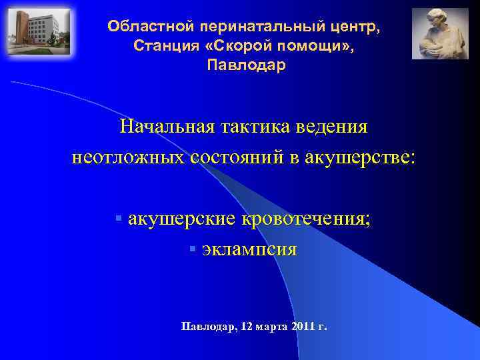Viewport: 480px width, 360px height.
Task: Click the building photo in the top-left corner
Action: (39, 31)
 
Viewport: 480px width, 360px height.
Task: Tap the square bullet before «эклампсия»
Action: (191, 249)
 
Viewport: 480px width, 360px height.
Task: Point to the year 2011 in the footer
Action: (303, 327)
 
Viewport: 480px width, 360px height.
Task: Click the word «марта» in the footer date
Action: (269, 327)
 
